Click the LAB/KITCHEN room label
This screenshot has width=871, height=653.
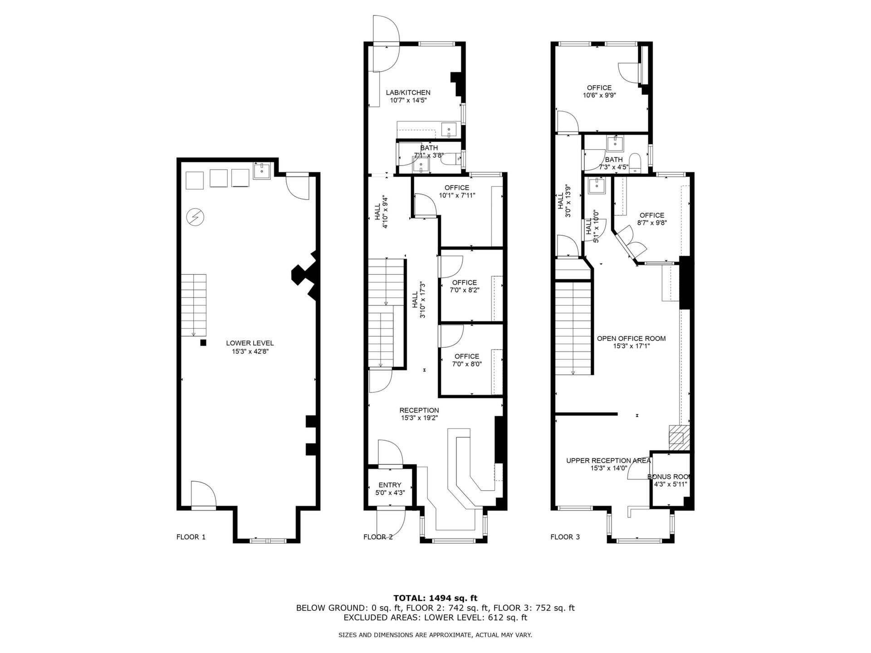click(x=408, y=93)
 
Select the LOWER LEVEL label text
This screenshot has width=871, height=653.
click(x=250, y=343)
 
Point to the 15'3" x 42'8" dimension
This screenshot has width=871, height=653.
click(x=250, y=351)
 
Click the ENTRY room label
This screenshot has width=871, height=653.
click(x=390, y=485)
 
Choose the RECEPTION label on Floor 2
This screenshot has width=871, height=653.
click(x=419, y=410)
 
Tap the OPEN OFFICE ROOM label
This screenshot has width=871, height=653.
click(x=631, y=338)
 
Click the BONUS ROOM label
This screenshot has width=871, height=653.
click(x=669, y=477)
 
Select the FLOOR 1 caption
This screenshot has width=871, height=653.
click(x=191, y=537)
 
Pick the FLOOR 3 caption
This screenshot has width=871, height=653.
click(x=565, y=537)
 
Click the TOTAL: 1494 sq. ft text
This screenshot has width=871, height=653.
click(x=435, y=598)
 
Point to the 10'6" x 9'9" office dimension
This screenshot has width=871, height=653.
click(x=599, y=95)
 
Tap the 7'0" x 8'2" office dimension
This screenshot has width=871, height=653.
click(x=465, y=290)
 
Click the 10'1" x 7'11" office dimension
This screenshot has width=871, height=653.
click(x=457, y=195)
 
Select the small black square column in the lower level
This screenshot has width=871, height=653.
click(x=204, y=343)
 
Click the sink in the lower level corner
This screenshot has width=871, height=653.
click(x=262, y=171)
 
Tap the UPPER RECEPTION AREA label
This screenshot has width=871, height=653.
click(x=608, y=461)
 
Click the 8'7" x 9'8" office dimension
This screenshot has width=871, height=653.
click(x=652, y=223)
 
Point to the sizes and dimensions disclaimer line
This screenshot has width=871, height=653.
click(x=435, y=635)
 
